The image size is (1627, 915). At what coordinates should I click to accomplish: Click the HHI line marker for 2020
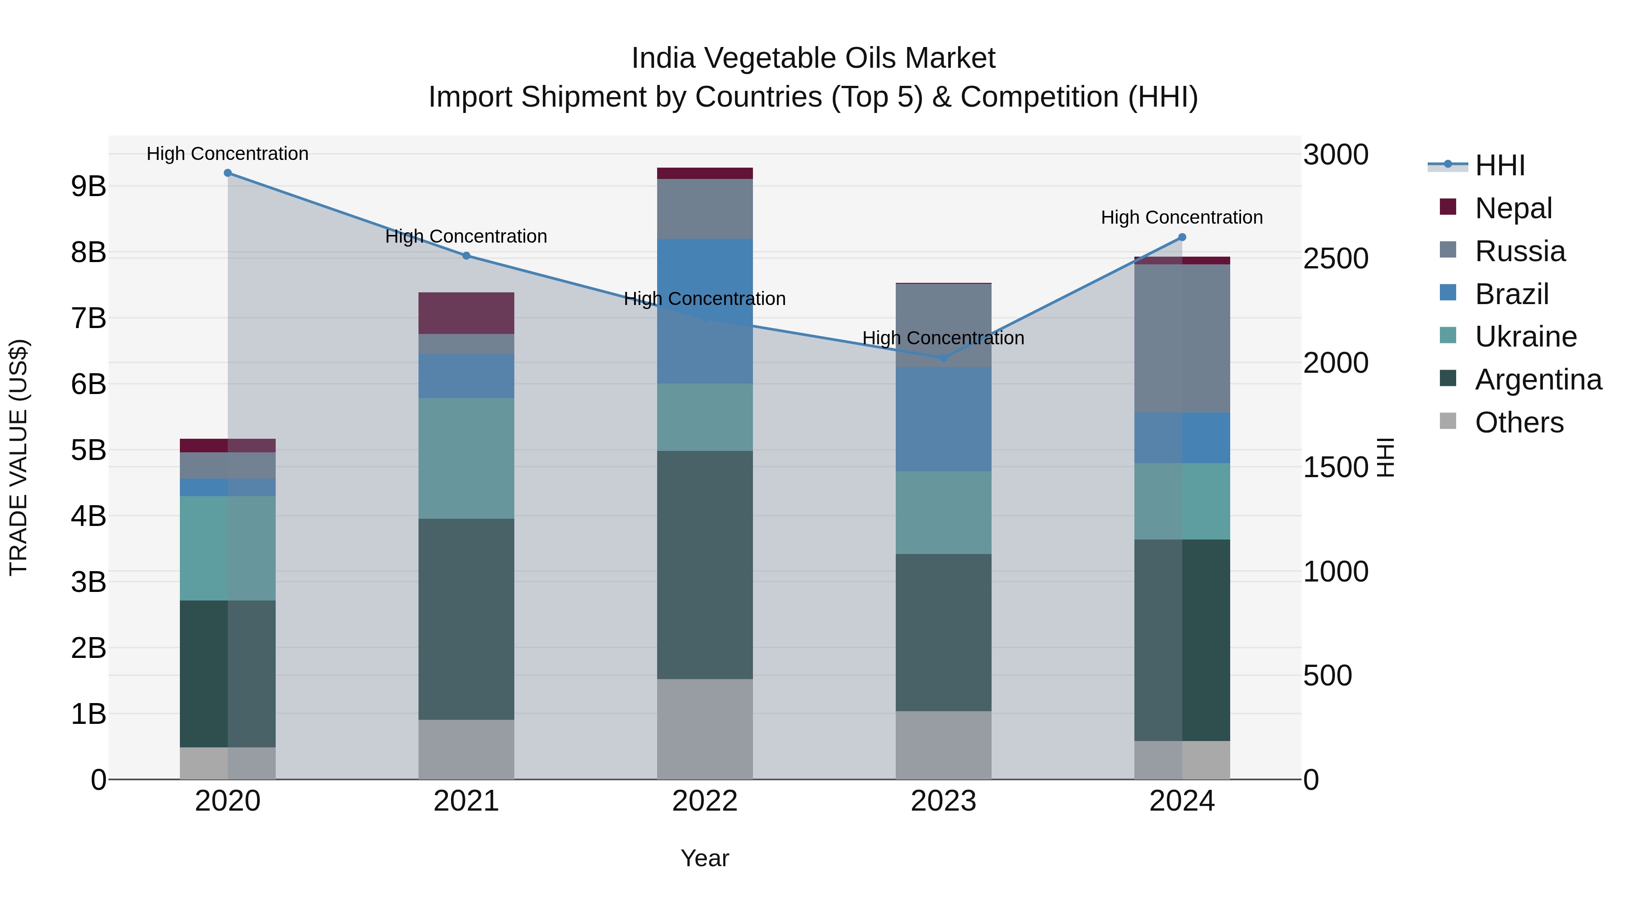(228, 173)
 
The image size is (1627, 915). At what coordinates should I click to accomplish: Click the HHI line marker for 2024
(1182, 237)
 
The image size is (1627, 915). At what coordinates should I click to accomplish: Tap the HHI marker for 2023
(944, 358)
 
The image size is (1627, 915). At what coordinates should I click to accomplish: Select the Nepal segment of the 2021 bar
(466, 313)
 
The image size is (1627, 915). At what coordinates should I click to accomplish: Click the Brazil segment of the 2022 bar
(705, 311)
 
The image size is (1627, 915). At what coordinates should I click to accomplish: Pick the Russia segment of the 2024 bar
(1182, 338)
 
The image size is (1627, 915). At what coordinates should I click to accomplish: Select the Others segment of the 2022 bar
(705, 729)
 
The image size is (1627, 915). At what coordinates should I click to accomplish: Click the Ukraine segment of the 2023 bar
(944, 513)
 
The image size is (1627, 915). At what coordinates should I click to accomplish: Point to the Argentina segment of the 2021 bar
(466, 619)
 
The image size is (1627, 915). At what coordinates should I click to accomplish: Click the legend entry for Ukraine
(1525, 337)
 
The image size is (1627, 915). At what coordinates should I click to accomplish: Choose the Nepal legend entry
(1513, 208)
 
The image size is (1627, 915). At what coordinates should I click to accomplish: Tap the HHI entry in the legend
(1500, 165)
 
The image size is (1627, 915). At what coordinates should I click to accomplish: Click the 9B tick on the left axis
(89, 186)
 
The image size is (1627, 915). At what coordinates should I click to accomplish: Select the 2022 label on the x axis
(705, 801)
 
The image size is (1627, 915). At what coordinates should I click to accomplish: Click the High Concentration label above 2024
(1182, 217)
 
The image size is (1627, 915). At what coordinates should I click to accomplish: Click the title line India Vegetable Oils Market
(813, 58)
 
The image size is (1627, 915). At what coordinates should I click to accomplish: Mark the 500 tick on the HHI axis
(1328, 676)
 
